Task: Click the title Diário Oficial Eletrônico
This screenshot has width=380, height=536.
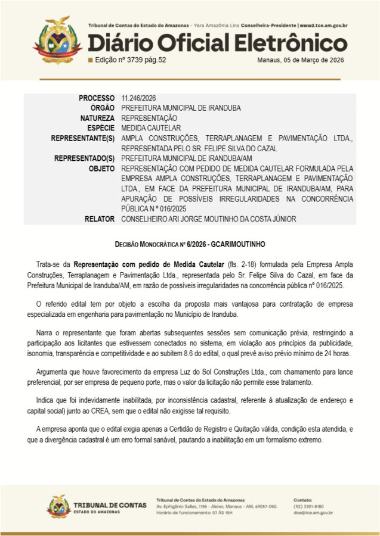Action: click(217, 43)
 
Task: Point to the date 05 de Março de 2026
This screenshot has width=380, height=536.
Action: click(310, 60)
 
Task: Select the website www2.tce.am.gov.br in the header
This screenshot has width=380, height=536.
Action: click(324, 26)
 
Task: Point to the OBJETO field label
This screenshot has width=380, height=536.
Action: click(101, 169)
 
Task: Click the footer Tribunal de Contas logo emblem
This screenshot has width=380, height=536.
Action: click(58, 506)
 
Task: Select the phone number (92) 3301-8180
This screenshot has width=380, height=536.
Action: click(307, 506)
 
